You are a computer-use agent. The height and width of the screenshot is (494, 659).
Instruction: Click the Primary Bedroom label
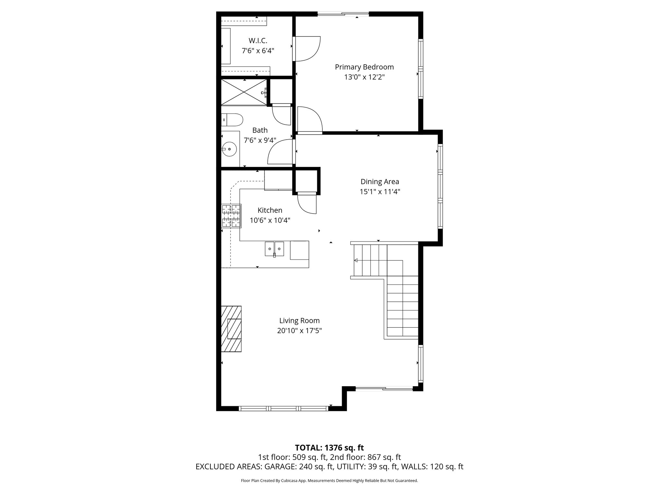click(x=364, y=67)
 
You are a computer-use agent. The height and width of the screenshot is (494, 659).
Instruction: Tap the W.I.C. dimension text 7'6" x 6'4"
click(x=258, y=51)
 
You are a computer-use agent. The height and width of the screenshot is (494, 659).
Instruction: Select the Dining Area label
click(x=380, y=181)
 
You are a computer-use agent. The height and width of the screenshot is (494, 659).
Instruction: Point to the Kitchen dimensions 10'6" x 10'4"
click(x=270, y=220)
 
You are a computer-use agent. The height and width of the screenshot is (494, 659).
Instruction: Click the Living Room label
click(x=299, y=320)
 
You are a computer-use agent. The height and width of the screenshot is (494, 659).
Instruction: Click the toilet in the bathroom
click(x=232, y=120)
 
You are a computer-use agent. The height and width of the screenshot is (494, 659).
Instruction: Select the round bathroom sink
click(x=229, y=149)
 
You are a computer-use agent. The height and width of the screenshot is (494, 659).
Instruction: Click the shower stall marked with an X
click(x=244, y=92)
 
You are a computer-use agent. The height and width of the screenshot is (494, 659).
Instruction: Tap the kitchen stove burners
click(x=231, y=216)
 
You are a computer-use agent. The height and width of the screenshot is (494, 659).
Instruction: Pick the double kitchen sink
click(x=274, y=249)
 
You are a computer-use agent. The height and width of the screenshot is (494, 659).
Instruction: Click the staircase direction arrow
click(x=356, y=260)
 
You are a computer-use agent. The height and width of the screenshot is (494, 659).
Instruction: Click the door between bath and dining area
click(x=281, y=152)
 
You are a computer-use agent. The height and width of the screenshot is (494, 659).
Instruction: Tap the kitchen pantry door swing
click(x=307, y=204)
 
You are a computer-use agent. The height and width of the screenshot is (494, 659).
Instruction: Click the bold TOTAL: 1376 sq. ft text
click(x=329, y=448)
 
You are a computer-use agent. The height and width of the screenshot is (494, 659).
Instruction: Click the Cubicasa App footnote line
click(x=329, y=481)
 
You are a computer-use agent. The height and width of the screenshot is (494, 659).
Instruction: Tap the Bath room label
click(x=260, y=130)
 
